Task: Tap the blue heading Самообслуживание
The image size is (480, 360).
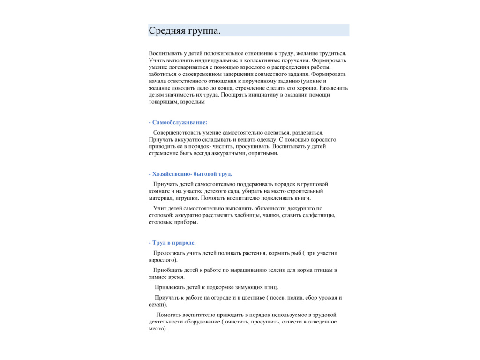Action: click(x=180, y=122)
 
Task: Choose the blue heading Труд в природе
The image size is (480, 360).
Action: click(x=174, y=243)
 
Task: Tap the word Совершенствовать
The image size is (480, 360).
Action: click(x=180, y=133)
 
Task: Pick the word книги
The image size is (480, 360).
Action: click(x=300, y=198)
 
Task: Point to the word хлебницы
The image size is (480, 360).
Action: click(x=247, y=215)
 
